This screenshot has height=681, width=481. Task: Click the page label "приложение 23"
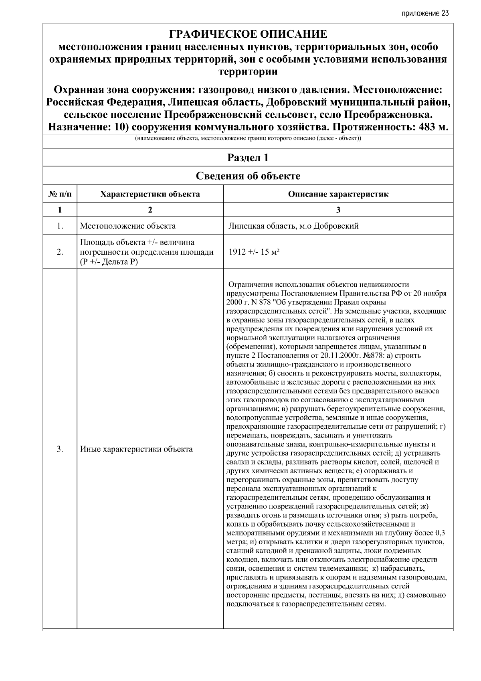pyautogui.click(x=424, y=13)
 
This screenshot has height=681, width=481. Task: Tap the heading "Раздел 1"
pyautogui.click(x=248, y=158)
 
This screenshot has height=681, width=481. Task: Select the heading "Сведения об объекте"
pyautogui.click(x=248, y=176)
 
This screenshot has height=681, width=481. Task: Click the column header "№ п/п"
pyautogui.click(x=60, y=195)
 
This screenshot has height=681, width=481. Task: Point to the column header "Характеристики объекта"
pyautogui.click(x=150, y=195)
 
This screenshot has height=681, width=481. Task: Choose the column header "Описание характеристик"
pyautogui.click(x=338, y=195)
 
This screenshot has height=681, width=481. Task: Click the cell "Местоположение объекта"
pyautogui.click(x=128, y=226)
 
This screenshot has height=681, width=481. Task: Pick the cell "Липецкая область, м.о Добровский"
pyautogui.click(x=293, y=226)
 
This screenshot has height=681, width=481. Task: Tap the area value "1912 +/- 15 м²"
pyautogui.click(x=254, y=252)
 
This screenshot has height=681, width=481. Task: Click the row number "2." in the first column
pyautogui.click(x=60, y=252)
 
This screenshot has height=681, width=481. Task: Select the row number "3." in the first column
pyautogui.click(x=60, y=449)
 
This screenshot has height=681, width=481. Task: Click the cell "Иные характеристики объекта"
pyautogui.click(x=136, y=449)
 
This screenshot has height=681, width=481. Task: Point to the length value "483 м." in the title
pyautogui.click(x=433, y=128)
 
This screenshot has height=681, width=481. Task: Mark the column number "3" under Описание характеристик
pyautogui.click(x=338, y=210)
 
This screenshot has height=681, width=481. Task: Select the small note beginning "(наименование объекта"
pyautogui.click(x=248, y=139)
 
